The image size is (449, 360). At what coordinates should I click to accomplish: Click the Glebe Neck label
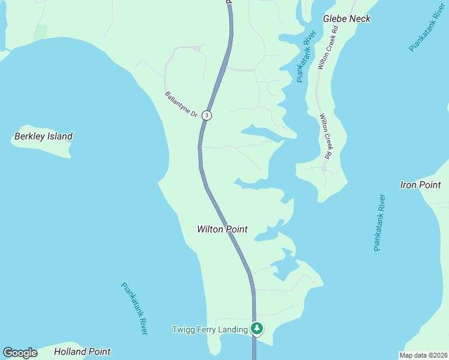pos(346,19)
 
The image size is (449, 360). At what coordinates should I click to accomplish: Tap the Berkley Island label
pos(43,136)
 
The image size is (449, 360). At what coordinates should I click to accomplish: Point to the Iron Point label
pos(420,185)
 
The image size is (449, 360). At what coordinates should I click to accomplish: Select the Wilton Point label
pos(222,229)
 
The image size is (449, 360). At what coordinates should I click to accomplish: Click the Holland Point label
pos(82,352)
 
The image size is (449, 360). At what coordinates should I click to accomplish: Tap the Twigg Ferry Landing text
pos(209,329)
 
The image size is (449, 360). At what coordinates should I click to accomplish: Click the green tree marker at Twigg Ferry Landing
pos(257,328)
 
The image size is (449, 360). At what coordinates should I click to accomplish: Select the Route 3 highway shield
pos(206,115)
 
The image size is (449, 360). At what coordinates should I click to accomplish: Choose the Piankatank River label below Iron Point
pos(379,222)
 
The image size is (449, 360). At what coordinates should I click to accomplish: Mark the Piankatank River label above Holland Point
pos(134,308)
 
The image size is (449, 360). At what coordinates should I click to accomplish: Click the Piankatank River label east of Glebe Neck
pos(427,27)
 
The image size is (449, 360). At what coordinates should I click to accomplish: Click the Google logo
pos(20,353)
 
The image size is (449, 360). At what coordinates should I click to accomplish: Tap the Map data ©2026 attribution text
pos(423,355)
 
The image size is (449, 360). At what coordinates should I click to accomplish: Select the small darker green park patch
pos(40,32)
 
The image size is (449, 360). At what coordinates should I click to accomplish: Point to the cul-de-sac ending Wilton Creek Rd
pos(324,169)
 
